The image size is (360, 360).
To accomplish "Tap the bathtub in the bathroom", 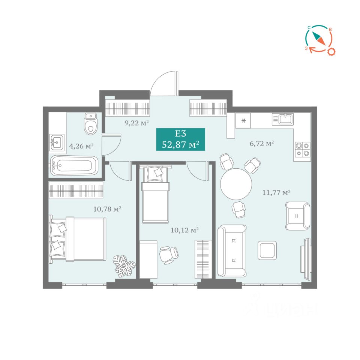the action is click(74, 165).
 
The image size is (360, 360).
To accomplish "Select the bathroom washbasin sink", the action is click(57, 142).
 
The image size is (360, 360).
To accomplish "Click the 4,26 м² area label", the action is click(81, 146).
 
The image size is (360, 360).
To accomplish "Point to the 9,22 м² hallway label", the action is click(136, 123).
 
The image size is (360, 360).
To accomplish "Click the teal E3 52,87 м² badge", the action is click(180, 139).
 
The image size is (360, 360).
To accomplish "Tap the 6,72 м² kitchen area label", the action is click(261, 144).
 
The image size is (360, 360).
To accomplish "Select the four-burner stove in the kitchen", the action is click(303, 150).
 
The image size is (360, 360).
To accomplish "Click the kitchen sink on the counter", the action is click(283, 119).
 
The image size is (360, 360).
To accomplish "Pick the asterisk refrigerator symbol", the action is click(244, 120).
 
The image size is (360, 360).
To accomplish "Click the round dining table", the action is click(236, 184).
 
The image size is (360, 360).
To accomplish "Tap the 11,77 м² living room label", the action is click(276, 192).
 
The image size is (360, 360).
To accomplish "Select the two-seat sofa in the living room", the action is click(232, 251).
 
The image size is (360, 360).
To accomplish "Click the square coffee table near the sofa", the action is click(267, 250).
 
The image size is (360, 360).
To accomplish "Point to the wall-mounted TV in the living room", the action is click(305, 259).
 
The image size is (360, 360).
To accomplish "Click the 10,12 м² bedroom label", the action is click(184, 230).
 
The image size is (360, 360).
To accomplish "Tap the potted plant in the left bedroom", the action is click(124, 266).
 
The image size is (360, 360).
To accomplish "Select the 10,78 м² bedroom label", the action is click(107, 209).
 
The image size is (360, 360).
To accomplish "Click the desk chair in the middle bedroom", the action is click(169, 255).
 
